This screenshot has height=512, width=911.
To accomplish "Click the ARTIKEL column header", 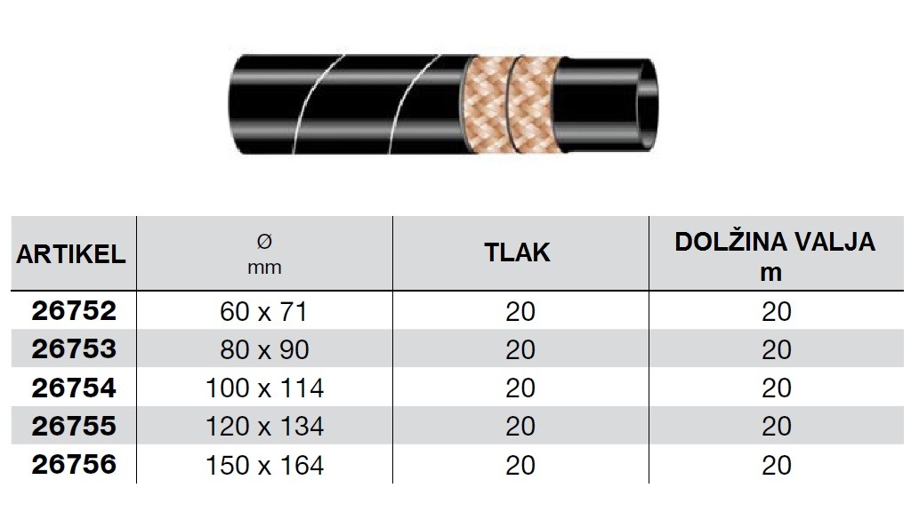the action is [x=71, y=254].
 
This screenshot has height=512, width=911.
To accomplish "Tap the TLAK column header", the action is [x=517, y=252].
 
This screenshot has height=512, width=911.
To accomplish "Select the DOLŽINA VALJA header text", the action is [x=775, y=241].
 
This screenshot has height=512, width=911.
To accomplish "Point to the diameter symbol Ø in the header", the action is [x=264, y=241].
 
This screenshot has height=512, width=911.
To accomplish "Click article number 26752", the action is [x=74, y=310].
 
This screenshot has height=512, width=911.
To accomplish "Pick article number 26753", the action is [x=74, y=348].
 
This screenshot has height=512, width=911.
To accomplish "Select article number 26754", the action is [x=74, y=388].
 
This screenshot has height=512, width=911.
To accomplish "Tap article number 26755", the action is [x=74, y=426].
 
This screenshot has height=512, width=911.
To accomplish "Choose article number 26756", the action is [x=74, y=464].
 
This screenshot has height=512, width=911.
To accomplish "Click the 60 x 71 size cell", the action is [x=263, y=312].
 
